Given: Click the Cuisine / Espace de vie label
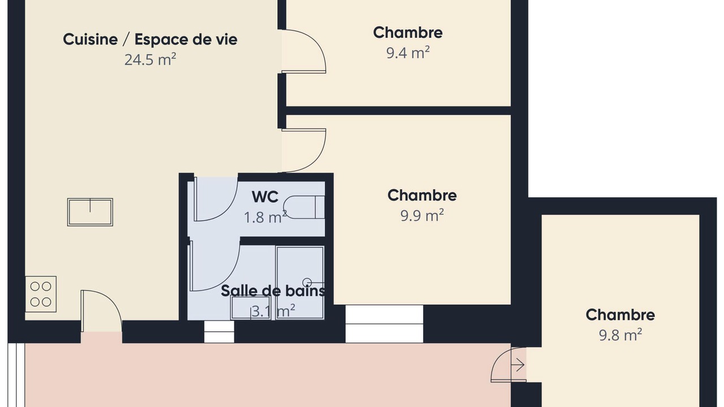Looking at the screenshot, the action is click(x=150, y=40).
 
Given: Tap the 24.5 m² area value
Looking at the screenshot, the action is click(x=150, y=59).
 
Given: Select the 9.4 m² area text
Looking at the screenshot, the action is click(x=408, y=53).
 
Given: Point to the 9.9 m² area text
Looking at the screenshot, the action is click(x=422, y=215).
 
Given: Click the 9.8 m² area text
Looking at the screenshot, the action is click(x=620, y=335).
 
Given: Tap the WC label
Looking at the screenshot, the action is click(x=265, y=197).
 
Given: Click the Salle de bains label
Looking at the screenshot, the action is click(x=273, y=291).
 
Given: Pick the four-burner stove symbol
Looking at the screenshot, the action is click(x=41, y=294).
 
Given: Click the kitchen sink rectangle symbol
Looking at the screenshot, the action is click(x=90, y=212).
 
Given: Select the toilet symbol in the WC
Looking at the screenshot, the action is click(x=304, y=207).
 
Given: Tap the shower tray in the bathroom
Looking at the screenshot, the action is click(x=300, y=283).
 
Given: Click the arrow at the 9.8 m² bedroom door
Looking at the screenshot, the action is click(x=518, y=365).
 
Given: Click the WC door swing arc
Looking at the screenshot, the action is click(x=228, y=207).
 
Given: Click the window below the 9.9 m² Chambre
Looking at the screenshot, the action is click(x=384, y=324).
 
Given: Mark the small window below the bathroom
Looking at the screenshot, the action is click(x=219, y=331).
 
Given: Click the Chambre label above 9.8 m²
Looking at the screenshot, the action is click(x=620, y=315).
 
